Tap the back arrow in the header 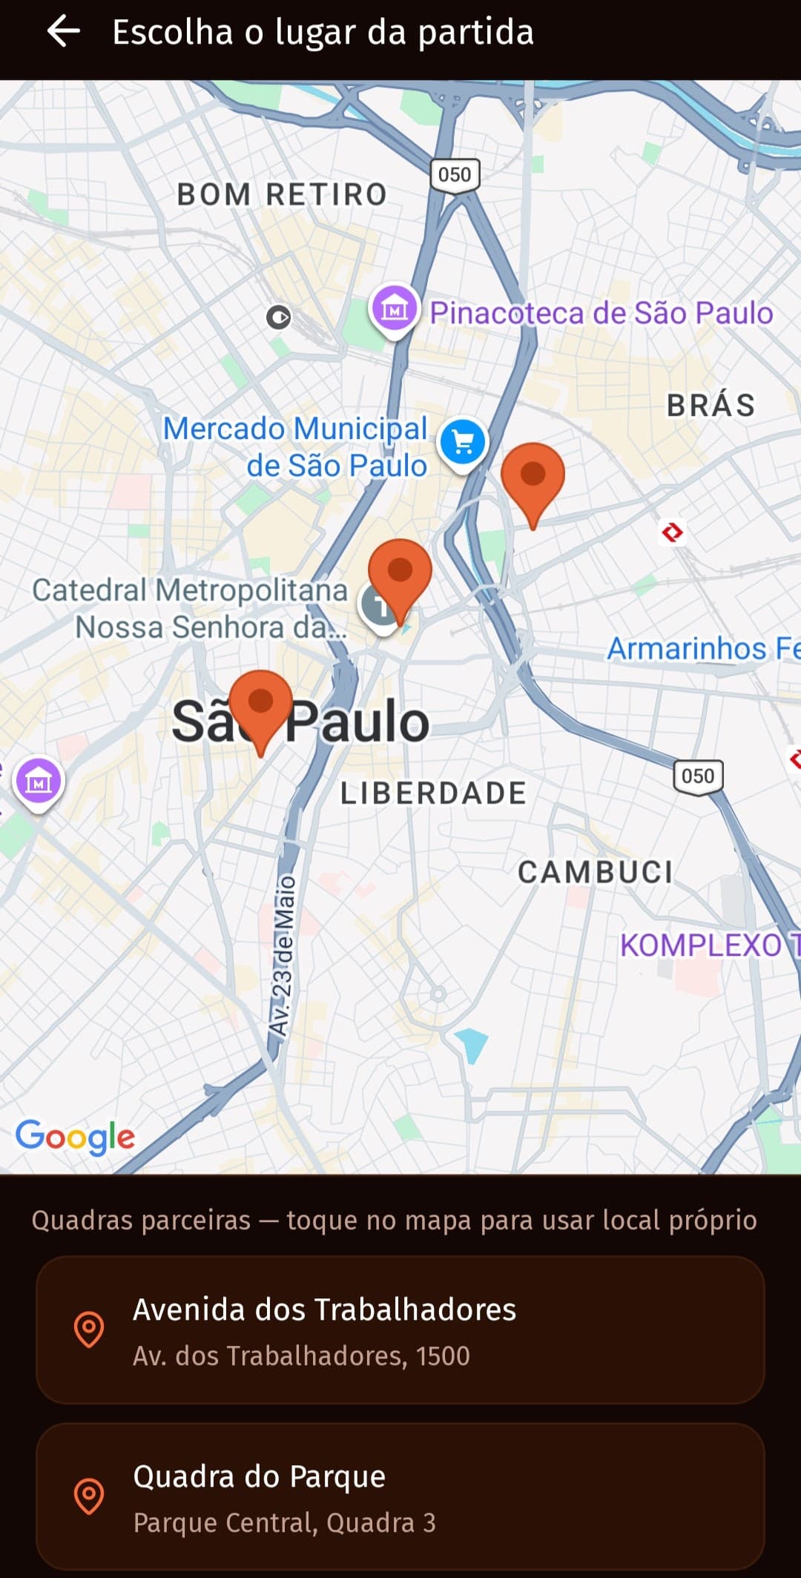(64, 32)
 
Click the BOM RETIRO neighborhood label (282, 194)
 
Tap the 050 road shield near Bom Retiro (455, 175)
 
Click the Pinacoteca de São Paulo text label (601, 313)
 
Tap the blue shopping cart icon (463, 443)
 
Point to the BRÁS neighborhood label (711, 406)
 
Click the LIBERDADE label (433, 793)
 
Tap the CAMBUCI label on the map (595, 872)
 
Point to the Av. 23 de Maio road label (283, 957)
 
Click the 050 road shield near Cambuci (698, 776)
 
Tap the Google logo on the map (75, 1136)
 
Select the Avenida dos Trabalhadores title (324, 1310)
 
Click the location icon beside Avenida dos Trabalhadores (89, 1329)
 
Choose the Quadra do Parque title (259, 1476)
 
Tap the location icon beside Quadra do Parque (89, 1496)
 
